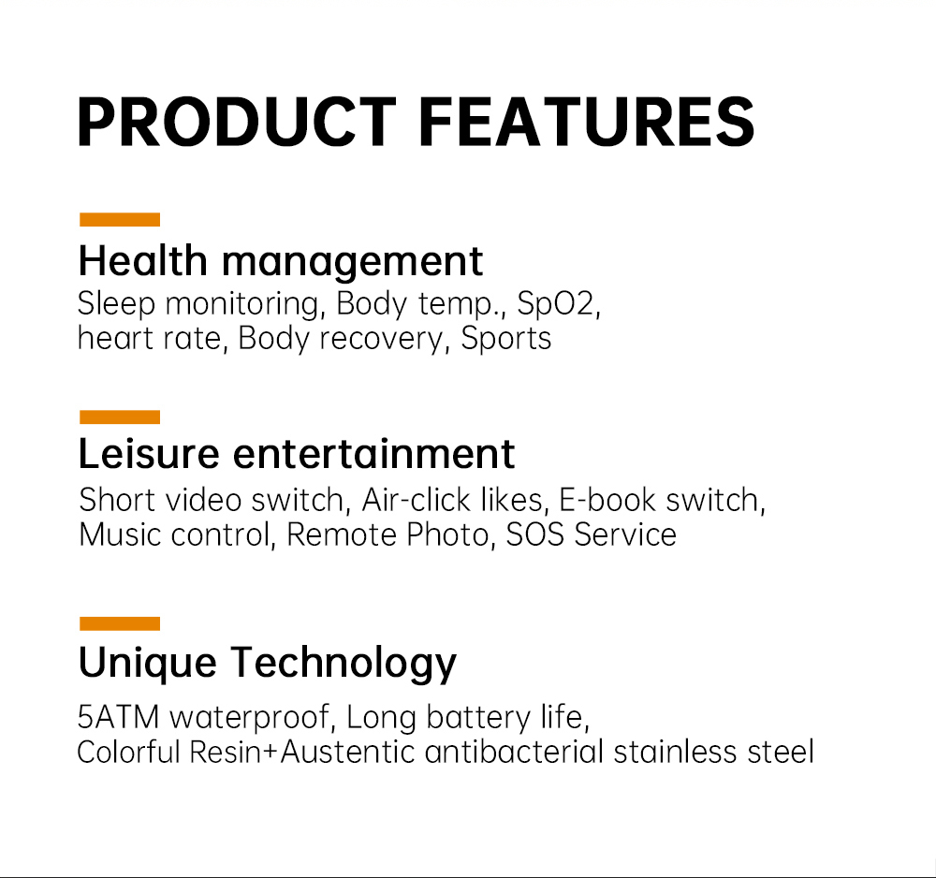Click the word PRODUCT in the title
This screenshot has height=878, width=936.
pos(237,122)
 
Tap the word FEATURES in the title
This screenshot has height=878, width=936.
pos(588,122)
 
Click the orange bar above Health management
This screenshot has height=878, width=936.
pos(120,220)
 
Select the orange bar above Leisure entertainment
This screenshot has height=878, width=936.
pos(120,417)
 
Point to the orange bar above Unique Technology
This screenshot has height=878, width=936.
pos(120,623)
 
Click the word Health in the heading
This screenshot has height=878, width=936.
pos(142,261)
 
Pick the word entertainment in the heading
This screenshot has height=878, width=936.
pos(373,454)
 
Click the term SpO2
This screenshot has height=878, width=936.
pos(556,304)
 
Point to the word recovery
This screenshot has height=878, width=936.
pos(381,340)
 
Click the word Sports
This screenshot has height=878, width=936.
pos(506,340)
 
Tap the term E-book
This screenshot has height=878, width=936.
pos(607,500)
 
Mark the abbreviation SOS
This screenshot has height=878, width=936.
pos(534,534)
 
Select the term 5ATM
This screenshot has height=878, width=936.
pos(118,717)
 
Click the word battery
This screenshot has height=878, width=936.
pos(478,718)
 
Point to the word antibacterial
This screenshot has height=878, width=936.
pos(514,752)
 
